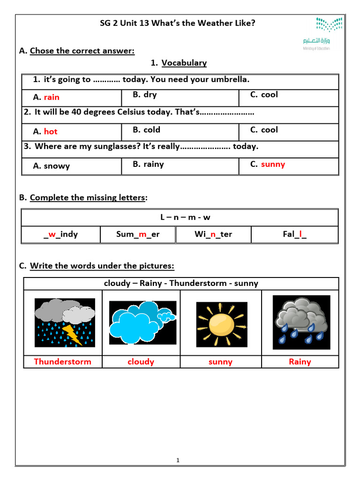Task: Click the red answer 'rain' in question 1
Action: pos(52,97)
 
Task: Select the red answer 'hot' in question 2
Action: pos(51,132)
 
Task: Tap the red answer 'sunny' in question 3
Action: pos(273,165)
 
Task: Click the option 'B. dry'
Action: pos(144,95)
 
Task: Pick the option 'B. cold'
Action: pos(146,130)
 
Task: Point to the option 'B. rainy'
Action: pos(148,165)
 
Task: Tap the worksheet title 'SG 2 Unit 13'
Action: pos(178,22)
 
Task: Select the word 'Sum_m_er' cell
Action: pos(138,234)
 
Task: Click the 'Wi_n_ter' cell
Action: pos(213,234)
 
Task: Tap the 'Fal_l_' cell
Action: pos(294,234)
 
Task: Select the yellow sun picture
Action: pos(221,324)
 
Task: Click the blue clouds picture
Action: pos(142,322)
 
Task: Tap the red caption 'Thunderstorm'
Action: pos(62,361)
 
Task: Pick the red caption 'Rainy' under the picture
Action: pos(300,361)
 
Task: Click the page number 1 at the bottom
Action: pos(178,460)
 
